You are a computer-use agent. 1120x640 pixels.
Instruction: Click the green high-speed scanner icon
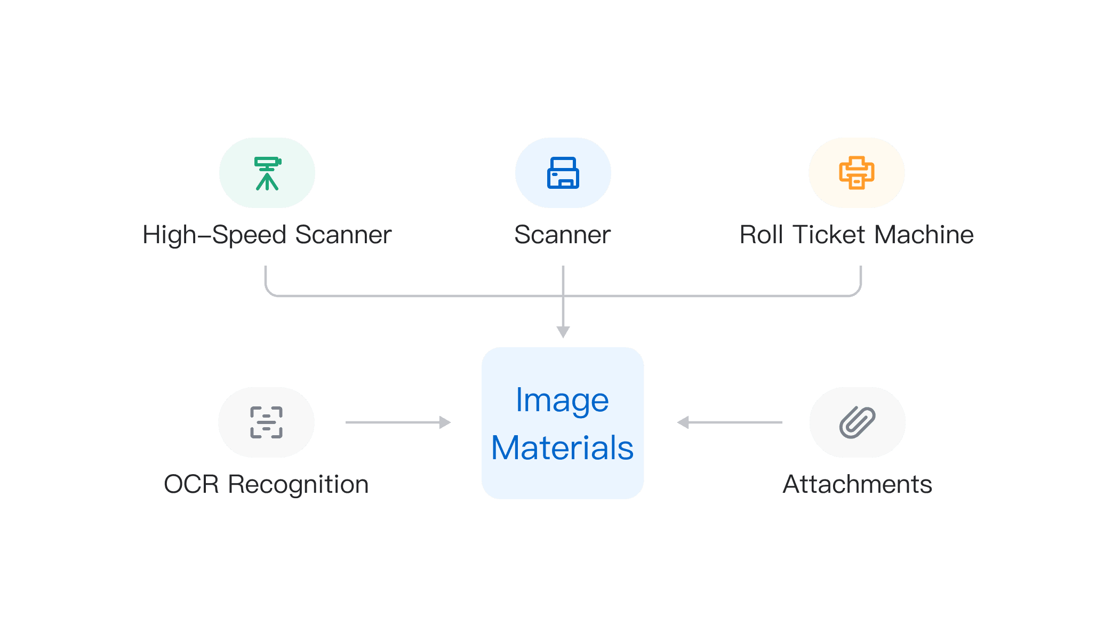click(x=267, y=173)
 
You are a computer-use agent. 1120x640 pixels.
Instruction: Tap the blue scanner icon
click(x=563, y=173)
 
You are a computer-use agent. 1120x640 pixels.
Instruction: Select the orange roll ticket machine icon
click(x=857, y=173)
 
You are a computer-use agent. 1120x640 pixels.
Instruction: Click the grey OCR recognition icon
click(x=266, y=422)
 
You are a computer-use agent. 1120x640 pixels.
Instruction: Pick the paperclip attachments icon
click(x=857, y=422)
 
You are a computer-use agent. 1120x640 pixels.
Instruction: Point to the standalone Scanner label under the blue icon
click(x=563, y=235)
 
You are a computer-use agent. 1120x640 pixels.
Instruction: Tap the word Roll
click(x=761, y=235)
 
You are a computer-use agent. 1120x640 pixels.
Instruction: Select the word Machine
click(x=924, y=235)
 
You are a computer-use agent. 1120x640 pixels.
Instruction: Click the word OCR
click(x=191, y=485)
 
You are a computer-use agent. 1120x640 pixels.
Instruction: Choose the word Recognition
click(x=299, y=485)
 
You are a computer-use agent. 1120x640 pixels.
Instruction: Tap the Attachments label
click(x=857, y=485)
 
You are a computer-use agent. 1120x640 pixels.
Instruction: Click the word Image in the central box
click(x=562, y=401)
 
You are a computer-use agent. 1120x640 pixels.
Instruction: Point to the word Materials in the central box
click(x=562, y=448)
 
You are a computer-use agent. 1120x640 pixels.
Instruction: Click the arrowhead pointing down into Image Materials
click(x=563, y=332)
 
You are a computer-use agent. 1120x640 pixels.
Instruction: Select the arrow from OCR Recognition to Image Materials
click(x=398, y=422)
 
